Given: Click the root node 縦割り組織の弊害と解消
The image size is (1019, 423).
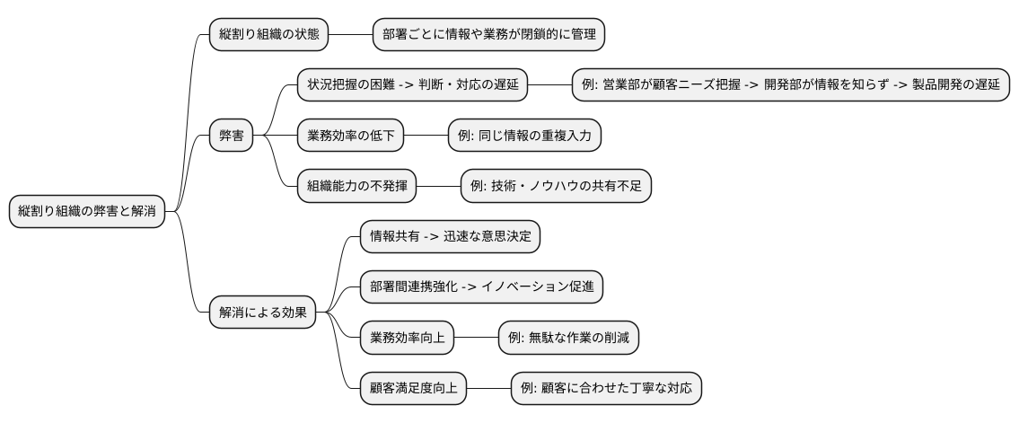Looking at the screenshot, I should [87, 212].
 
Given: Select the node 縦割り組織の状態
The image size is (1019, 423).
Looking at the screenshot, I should [268, 35].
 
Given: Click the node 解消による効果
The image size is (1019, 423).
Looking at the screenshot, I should [262, 313].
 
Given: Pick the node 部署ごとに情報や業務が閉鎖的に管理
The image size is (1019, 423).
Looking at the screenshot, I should [488, 35].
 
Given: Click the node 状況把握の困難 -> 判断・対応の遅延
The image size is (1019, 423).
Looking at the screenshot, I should [412, 86].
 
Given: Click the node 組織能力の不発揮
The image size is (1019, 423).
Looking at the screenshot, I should [356, 187].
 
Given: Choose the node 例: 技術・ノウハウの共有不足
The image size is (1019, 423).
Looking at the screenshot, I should [555, 187].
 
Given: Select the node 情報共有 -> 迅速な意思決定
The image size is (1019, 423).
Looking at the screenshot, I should [450, 237].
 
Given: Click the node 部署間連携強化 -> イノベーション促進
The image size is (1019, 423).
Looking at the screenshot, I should [480, 287].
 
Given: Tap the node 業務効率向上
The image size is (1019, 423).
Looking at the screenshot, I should [407, 338].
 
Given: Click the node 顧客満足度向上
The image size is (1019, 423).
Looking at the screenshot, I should [413, 388].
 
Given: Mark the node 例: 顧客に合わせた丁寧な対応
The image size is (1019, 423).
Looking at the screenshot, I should [605, 388].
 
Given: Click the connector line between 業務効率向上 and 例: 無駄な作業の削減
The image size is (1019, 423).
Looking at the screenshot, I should [477, 338].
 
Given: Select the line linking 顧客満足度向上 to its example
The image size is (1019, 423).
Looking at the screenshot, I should [488, 388].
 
